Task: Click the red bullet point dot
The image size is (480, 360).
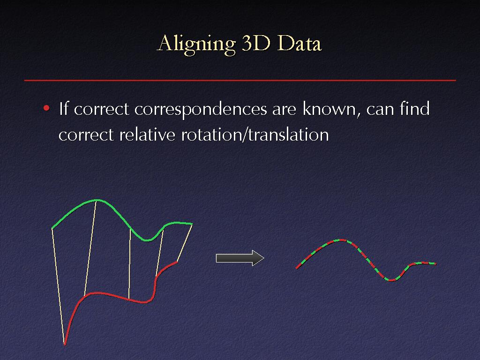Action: point(46,108)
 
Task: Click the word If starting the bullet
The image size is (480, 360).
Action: point(63,108)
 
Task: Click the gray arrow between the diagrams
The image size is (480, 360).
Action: point(240,258)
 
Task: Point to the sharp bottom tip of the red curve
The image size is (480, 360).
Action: point(65,345)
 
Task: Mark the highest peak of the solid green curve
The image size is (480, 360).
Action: point(97,200)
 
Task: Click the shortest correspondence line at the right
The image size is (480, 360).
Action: point(185,243)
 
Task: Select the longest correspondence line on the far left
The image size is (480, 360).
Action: point(58,286)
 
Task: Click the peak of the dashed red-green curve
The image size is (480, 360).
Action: point(340,240)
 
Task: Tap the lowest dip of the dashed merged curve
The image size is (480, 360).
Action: point(390,280)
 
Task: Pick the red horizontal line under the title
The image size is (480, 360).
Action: point(240,81)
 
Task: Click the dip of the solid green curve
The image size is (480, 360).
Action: point(147,240)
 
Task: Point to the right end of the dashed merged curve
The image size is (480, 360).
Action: point(435,263)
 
